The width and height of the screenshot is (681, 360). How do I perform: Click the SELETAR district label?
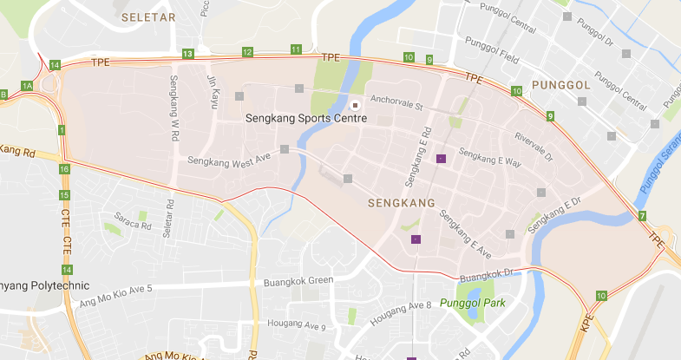pyautogui.click(x=148, y=16)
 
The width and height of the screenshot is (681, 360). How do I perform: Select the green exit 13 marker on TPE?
pyautogui.click(x=188, y=54)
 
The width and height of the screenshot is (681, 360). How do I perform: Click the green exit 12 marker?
pyautogui.click(x=247, y=53)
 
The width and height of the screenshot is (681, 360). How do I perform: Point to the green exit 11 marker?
pyautogui.click(x=296, y=49)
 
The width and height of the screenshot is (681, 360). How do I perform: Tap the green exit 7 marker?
pyautogui.click(x=642, y=215)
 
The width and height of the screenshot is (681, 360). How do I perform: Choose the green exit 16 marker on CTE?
pyautogui.click(x=64, y=169)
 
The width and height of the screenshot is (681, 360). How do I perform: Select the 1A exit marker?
pyautogui.click(x=27, y=85)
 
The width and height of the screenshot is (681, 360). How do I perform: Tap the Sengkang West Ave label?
pyautogui.click(x=230, y=162)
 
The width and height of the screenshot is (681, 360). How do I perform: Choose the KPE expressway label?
pyautogui.click(x=588, y=324)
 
